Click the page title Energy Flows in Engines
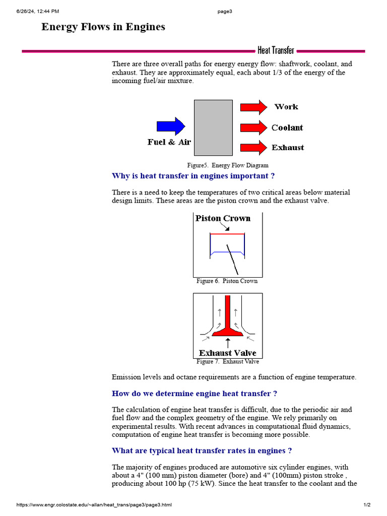103,27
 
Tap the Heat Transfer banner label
276,50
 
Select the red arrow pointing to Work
253,107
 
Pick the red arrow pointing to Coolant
253,127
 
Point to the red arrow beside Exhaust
253,148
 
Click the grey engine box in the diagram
213,127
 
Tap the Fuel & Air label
169,142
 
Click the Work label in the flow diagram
286,107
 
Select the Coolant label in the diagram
287,127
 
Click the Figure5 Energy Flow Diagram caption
228,165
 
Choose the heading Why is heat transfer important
193,176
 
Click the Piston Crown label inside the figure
223,218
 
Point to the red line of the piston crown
227,234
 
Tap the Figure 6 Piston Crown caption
227,281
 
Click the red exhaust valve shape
228,322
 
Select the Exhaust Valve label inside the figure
227,353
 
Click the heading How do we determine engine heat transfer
194,394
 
